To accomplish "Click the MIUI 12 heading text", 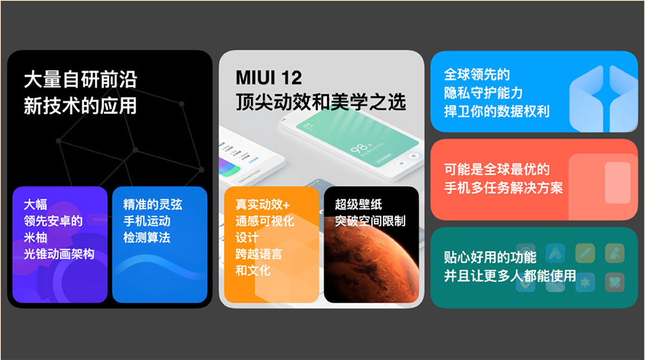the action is tap(268, 77).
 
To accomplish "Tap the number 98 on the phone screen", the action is tap(358, 148).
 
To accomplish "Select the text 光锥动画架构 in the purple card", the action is tap(59, 254).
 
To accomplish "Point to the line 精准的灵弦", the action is tap(153, 205).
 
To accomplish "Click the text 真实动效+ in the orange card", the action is tap(263, 205).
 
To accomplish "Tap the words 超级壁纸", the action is tap(358, 205).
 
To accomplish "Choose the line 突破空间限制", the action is tap(370, 221).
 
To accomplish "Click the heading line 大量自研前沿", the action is tap(80, 79).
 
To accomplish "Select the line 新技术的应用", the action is tap(80, 106).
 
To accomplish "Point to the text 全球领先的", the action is tap(477, 74).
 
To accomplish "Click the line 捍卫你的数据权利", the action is tap(497, 111).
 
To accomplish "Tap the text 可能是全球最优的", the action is tap(497, 169).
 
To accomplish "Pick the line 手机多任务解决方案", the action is tap(503, 188).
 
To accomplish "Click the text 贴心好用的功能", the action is tap(490, 257).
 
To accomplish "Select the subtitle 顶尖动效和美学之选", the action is tap(321, 102).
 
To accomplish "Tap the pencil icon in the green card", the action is tap(585, 253).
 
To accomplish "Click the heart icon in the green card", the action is tap(615, 282).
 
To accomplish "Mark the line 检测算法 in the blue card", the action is tap(147, 237).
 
